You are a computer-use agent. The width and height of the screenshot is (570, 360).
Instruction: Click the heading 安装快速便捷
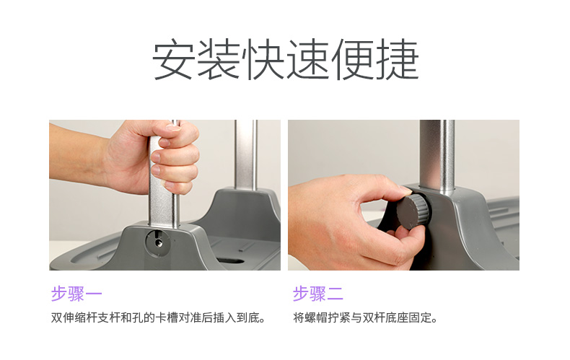click(286, 60)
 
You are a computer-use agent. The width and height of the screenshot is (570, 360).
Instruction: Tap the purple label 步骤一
click(76, 294)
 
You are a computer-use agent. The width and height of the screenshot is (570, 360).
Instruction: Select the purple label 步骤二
click(318, 294)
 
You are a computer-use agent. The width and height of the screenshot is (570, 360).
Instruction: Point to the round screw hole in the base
click(158, 242)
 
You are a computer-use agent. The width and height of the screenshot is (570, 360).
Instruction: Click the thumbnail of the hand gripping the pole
click(165, 195)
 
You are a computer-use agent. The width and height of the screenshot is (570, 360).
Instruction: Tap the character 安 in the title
click(173, 60)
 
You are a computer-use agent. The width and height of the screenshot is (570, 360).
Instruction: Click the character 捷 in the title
click(398, 60)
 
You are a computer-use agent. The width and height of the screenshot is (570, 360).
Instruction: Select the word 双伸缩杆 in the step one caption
click(74, 318)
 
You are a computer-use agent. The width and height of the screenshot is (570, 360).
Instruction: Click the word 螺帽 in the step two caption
click(316, 318)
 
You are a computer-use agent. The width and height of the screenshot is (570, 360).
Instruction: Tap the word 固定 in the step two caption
click(420, 318)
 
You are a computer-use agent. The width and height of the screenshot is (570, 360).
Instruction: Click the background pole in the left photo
click(246, 154)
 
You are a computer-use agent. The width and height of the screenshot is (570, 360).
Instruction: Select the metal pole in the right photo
click(437, 156)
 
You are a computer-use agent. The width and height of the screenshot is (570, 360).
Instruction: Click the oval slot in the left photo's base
click(230, 260)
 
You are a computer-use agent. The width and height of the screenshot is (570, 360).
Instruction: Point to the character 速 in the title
click(307, 60)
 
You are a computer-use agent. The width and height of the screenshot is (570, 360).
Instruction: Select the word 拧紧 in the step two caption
click(339, 318)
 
